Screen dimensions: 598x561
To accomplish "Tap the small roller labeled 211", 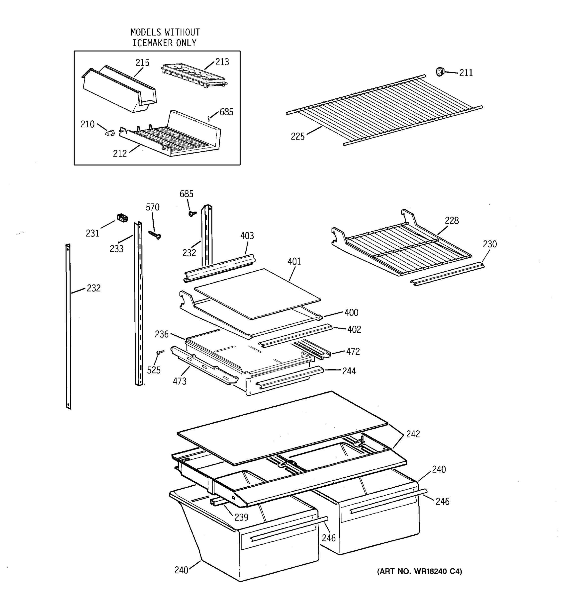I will tap(440, 72).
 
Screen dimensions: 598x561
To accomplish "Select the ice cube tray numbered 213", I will tap(194, 75).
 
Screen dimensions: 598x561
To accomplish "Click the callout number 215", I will tap(142, 63).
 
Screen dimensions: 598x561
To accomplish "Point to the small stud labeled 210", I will tap(110, 132).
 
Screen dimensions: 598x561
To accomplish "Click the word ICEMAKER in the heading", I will tap(153, 43).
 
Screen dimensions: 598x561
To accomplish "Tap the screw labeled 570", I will tap(155, 235).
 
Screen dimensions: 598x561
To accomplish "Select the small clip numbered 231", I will tap(122, 218).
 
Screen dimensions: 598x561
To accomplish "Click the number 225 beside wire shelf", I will tap(297, 137).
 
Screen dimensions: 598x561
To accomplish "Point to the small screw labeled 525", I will tap(160, 352).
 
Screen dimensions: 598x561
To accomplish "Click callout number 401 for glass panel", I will tap(294, 261).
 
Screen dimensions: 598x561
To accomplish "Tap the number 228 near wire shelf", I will tap(452, 221).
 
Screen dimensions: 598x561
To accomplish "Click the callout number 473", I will tap(179, 381).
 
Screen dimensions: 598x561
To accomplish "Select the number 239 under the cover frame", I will tap(241, 517).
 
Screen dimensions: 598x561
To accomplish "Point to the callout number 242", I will tap(413, 434).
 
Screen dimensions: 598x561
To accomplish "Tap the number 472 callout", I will tap(353, 351).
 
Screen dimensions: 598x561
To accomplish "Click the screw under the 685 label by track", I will tap(191, 213).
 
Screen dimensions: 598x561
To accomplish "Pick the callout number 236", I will tap(162, 334).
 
